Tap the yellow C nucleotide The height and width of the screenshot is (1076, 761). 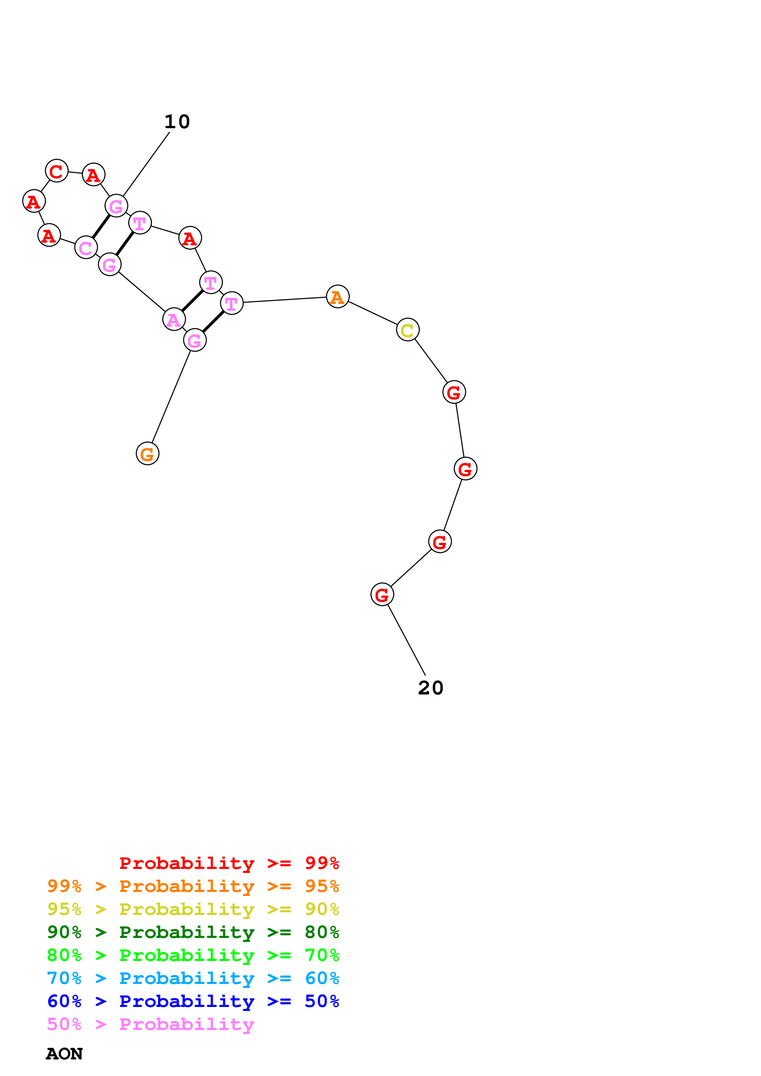pos(407,329)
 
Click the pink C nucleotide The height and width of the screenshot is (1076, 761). pos(86,248)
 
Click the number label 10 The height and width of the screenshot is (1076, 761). pos(177,122)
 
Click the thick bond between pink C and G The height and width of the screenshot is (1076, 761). pos(101,226)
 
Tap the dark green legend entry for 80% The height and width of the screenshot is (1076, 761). pos(193,932)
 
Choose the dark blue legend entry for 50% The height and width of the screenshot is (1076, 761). pos(193,1001)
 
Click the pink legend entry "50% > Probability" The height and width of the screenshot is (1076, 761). pos(150,1024)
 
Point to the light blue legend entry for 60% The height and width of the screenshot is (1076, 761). pos(193,978)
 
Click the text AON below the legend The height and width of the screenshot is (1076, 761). pos(64,1054)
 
